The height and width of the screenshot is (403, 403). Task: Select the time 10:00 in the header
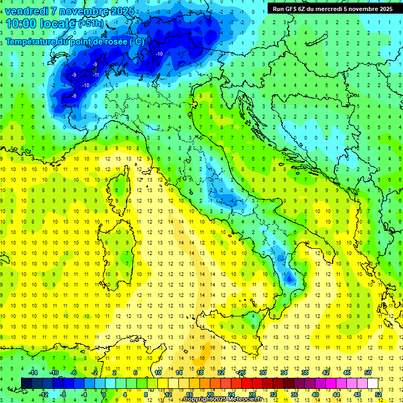(x=22, y=24)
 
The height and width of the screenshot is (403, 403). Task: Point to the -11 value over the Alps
(x=96, y=75)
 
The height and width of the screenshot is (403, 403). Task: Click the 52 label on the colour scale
(x=378, y=394)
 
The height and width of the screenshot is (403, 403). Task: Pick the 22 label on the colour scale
(x=220, y=373)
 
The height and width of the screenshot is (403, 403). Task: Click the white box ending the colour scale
(x=373, y=383)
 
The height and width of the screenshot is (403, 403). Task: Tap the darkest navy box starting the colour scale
(x=27, y=383)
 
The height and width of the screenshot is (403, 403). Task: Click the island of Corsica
(x=122, y=186)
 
